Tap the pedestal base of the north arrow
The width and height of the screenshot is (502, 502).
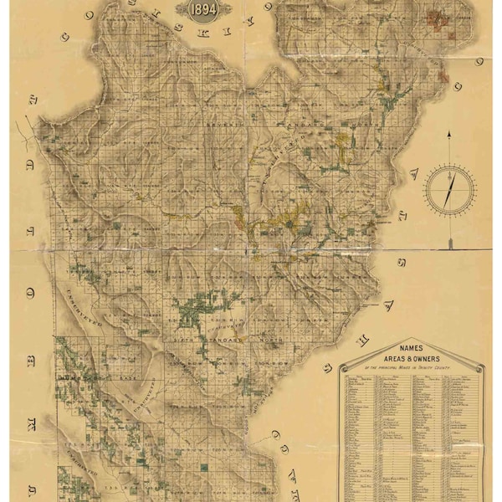pos(449,243)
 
